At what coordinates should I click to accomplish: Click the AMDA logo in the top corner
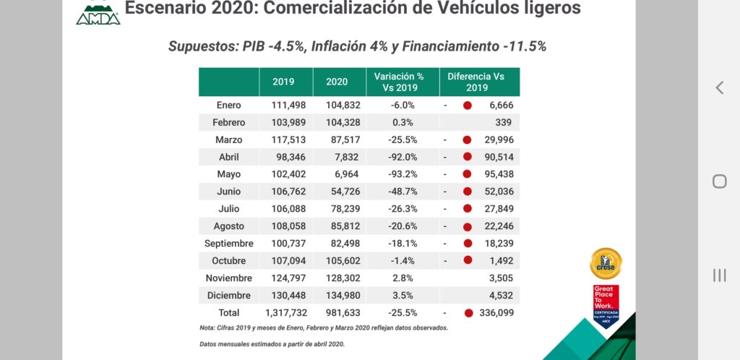(98, 12)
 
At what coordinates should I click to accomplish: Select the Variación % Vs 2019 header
(398, 82)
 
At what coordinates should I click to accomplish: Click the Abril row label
(229, 157)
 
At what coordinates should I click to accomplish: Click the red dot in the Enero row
(468, 105)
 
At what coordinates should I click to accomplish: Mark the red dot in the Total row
(468, 313)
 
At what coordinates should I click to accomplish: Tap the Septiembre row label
(228, 244)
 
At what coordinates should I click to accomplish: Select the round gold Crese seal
(606, 263)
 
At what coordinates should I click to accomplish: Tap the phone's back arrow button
(719, 88)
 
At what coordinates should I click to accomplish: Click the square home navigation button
(719, 181)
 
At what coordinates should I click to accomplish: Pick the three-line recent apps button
(719, 275)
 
